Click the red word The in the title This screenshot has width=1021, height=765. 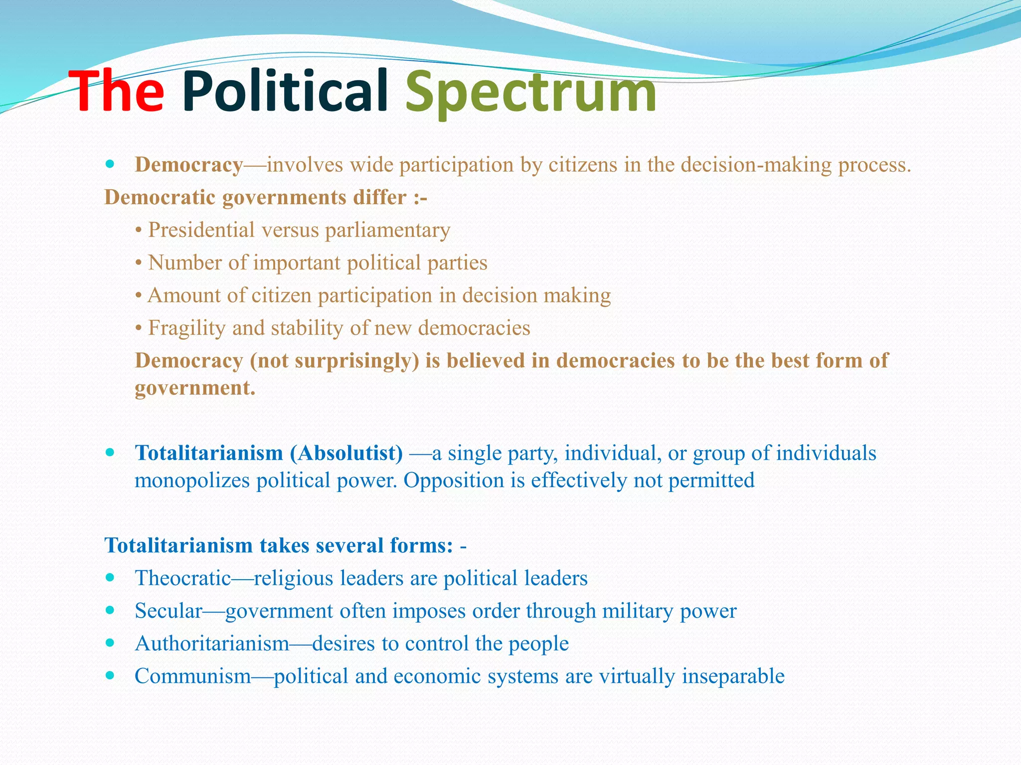click(x=116, y=92)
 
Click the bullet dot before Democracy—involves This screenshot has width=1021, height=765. click(x=110, y=164)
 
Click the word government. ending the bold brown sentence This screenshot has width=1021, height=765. click(x=195, y=388)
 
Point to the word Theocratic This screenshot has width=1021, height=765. click(x=183, y=578)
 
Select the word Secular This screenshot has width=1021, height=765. click(x=169, y=611)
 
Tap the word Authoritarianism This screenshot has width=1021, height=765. click(x=212, y=643)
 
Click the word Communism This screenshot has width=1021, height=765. click(x=193, y=676)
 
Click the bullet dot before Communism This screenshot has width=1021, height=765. click(x=110, y=675)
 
